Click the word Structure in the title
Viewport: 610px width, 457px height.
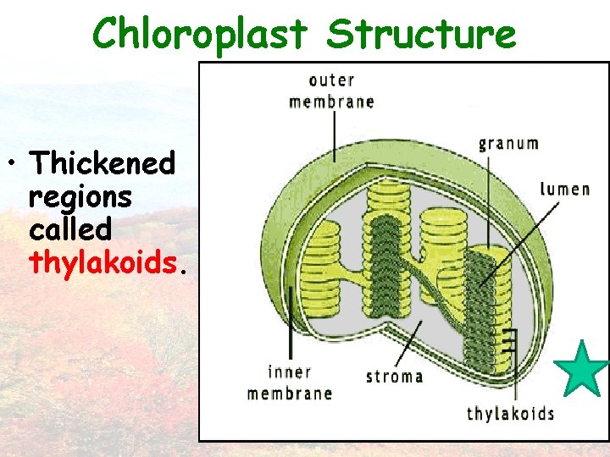click(421, 35)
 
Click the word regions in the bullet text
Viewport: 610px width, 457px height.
click(80, 196)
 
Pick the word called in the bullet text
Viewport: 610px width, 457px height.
click(70, 229)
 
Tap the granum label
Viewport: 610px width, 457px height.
click(508, 143)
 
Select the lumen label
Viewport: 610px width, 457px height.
click(565, 188)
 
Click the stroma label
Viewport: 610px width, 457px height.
click(394, 376)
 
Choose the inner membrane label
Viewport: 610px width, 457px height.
click(290, 383)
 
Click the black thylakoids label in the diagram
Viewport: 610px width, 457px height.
click(510, 413)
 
